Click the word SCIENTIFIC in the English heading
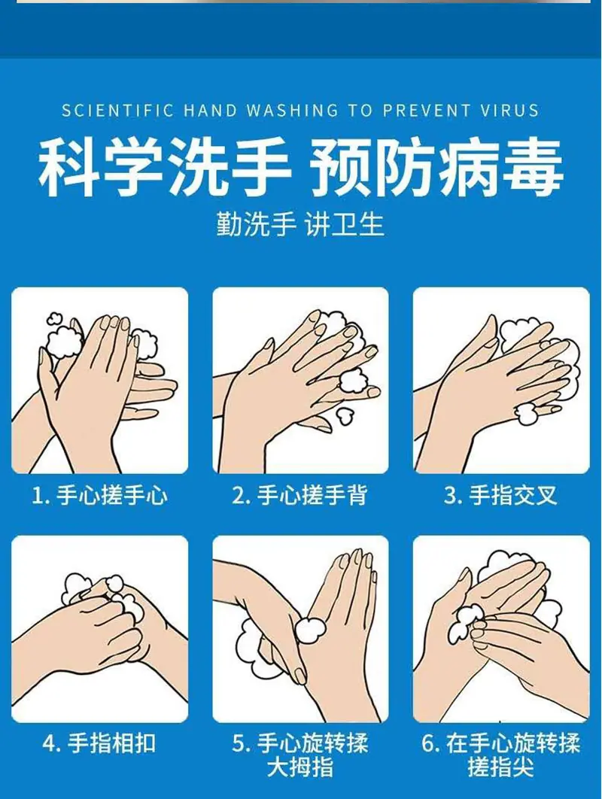pyautogui.click(x=117, y=111)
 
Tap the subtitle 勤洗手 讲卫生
pyautogui.click(x=300, y=224)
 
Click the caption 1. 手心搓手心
pyautogui.click(x=99, y=495)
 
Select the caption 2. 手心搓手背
pyautogui.click(x=299, y=495)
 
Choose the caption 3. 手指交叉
pyautogui.click(x=500, y=495)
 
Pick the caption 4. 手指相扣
pyautogui.click(x=99, y=743)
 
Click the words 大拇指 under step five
pyautogui.click(x=299, y=768)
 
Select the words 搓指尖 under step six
pyautogui.click(x=500, y=768)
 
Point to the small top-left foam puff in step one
pyautogui.click(x=54, y=319)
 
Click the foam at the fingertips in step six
pyautogui.click(x=464, y=623)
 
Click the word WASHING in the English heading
pyautogui.click(x=292, y=111)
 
